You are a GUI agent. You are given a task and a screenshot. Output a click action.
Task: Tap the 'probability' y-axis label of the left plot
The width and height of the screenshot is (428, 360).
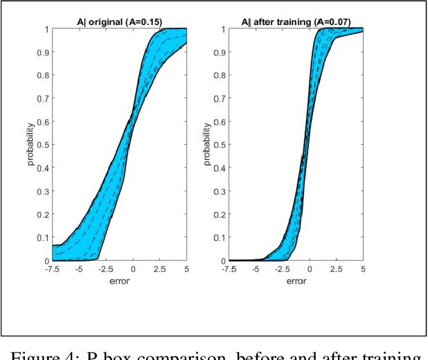click(32, 145)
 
